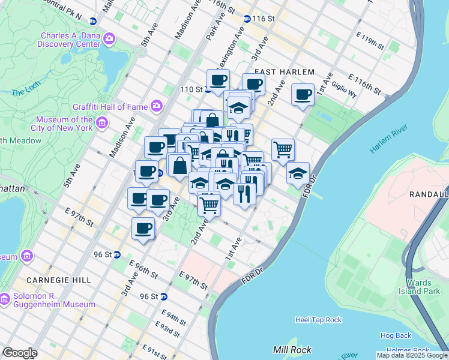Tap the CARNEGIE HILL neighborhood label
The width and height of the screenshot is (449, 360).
pos(58,280)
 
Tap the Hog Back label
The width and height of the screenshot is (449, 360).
pos(396,335)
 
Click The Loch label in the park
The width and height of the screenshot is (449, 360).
pos(25,92)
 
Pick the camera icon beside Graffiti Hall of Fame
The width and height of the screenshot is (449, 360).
pos(156,106)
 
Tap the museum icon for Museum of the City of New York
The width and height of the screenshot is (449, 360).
pos(102,124)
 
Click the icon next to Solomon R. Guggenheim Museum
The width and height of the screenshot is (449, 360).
pos(5,298)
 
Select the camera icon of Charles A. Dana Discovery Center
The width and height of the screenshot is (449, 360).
pos(109,40)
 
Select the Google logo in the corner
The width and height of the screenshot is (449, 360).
pos(19,353)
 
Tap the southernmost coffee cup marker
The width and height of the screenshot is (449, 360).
pos(143,228)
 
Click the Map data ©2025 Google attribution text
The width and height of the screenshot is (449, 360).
pos(411,355)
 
